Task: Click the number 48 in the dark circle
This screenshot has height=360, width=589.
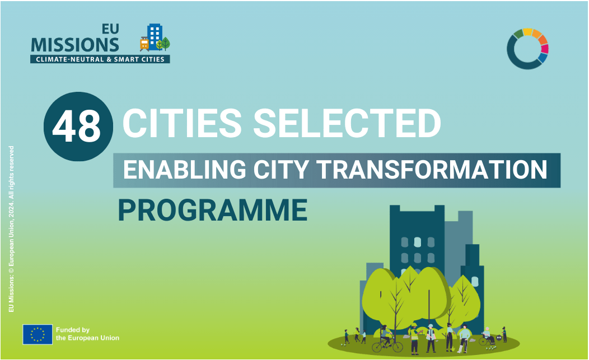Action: click(x=77, y=126)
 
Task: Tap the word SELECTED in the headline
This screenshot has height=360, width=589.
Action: click(x=348, y=123)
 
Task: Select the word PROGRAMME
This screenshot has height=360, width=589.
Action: click(x=213, y=210)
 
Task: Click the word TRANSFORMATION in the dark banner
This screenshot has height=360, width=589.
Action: click(x=433, y=170)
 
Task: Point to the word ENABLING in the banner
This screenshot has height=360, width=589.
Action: click(x=184, y=170)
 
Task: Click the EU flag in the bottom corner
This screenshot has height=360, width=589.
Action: click(x=38, y=334)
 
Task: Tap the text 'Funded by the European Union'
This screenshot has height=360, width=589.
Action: click(x=87, y=334)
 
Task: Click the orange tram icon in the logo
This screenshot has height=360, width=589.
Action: click(x=144, y=44)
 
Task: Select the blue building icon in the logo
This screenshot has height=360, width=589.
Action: click(x=155, y=36)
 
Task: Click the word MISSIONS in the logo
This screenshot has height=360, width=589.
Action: click(x=75, y=45)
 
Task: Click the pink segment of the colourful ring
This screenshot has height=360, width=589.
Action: click(x=545, y=49)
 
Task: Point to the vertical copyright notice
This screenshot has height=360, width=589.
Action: click(x=11, y=229)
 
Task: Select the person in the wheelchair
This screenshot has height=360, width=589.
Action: click(x=487, y=335)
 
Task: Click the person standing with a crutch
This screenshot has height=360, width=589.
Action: click(x=464, y=339)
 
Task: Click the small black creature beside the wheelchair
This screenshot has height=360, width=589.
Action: click(x=499, y=338)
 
